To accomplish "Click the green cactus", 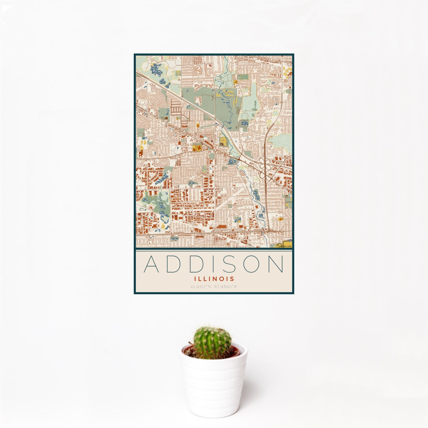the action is pos(212,342).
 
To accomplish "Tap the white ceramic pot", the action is pos(213,385).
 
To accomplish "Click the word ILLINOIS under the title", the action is pos(214,279).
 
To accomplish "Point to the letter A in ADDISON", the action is pos(151,264).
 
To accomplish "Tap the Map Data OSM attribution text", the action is pos(286,246).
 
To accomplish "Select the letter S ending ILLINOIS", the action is pos(232,279).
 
